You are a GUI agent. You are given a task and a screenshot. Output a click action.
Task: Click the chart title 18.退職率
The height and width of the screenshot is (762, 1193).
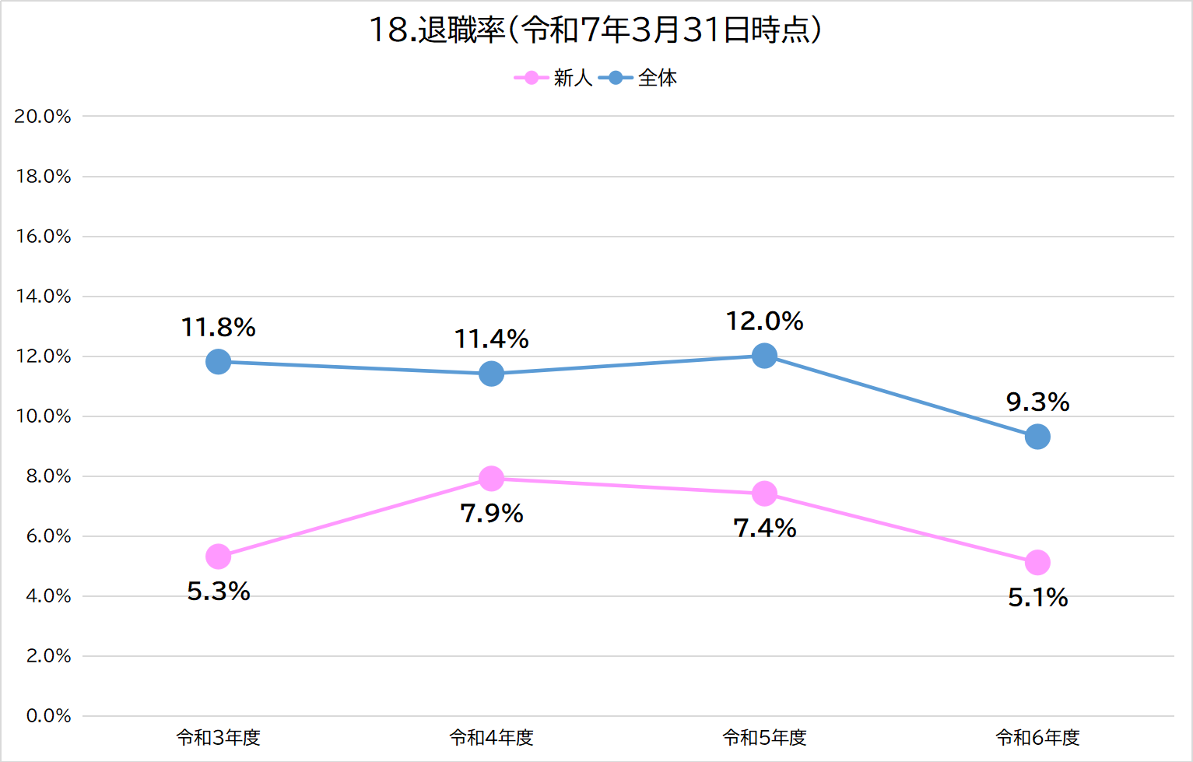coord(595,30)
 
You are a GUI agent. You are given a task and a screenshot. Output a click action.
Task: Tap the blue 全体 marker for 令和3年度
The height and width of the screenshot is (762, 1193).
coord(219,362)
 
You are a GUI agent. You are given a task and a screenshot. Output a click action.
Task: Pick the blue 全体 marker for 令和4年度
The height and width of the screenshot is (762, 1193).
coord(491,374)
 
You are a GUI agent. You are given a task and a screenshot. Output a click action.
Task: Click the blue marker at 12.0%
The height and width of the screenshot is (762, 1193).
coord(764,356)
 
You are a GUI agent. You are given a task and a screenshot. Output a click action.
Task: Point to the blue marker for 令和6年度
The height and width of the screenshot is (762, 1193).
coord(1037,437)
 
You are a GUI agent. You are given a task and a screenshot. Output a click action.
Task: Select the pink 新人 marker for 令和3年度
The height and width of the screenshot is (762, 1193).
coord(219,557)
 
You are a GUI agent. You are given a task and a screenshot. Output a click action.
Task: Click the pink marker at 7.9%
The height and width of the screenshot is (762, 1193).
coord(491,479)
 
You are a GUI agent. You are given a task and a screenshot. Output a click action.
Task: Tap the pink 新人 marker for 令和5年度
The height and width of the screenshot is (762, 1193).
coord(764,493)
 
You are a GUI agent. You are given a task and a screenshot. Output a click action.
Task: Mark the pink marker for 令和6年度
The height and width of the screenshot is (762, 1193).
coord(1037,562)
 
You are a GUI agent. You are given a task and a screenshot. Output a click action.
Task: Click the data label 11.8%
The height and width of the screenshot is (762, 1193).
coord(219,328)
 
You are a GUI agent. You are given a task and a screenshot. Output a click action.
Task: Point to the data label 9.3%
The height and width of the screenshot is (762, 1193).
coord(1037,402)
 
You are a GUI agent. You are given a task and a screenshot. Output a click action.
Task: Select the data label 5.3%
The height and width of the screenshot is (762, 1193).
coord(219,592)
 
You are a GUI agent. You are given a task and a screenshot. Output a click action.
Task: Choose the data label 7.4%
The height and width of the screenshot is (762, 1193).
coord(764,528)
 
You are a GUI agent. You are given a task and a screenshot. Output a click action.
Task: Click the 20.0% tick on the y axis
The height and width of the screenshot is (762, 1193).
coord(43,117)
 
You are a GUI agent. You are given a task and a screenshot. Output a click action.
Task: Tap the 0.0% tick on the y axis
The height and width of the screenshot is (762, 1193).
coord(48,716)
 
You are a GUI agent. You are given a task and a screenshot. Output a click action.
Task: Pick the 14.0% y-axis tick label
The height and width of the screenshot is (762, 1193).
coord(43,297)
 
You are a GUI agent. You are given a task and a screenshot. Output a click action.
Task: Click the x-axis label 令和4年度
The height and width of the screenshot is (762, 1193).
coord(491,738)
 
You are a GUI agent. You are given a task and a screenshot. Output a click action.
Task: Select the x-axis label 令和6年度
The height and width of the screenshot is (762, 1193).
coord(1037,738)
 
